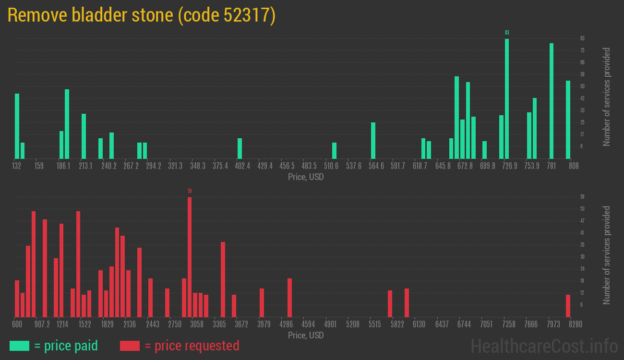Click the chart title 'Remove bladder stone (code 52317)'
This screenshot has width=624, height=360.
point(142,15)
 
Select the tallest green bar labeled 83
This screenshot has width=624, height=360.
point(507,98)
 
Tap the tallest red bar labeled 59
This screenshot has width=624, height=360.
point(190,257)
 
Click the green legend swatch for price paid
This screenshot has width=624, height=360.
point(19,346)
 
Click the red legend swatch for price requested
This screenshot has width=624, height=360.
point(130,346)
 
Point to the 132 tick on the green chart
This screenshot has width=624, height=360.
point(17,166)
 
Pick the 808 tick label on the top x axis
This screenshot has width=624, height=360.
point(574,166)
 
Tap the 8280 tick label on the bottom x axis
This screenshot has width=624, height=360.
point(569,324)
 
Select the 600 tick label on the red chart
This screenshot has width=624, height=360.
point(17,324)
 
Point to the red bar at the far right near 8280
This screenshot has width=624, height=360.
point(568,306)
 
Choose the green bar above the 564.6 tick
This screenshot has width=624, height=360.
point(373,140)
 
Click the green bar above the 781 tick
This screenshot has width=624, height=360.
point(552,101)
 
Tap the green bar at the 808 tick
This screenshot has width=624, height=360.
point(568,120)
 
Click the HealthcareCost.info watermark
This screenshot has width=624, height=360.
point(544,346)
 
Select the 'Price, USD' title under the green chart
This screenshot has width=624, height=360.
point(306,177)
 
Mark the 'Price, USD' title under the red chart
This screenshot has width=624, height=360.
point(306,335)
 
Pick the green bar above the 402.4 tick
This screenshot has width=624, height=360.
point(240,148)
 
